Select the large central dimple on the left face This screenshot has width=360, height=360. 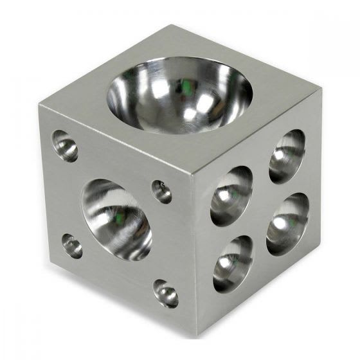116,219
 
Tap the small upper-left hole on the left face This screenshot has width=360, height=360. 64,146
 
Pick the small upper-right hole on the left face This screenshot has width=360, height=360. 161,192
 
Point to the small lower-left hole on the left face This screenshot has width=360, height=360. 72,246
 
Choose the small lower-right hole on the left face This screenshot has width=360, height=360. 166,293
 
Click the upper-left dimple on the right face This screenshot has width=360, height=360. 231,195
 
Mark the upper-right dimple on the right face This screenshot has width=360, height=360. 287,156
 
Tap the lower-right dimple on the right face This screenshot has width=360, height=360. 287,223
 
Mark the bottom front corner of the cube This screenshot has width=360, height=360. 197,336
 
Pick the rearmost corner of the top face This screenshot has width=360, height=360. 172,26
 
